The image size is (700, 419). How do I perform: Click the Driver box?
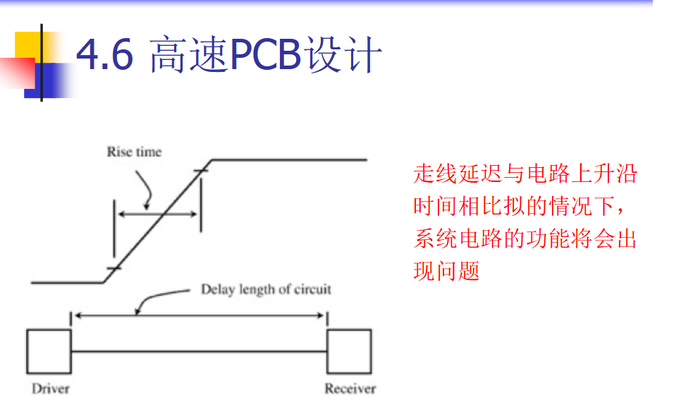click(49, 351)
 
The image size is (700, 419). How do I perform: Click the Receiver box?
click(348, 351)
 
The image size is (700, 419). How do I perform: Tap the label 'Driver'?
click(51, 389)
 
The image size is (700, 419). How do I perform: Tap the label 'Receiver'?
click(350, 389)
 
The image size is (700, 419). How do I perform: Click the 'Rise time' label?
click(134, 152)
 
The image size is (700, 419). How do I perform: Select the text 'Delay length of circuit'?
click(266, 289)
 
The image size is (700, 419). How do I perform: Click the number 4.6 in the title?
click(104, 55)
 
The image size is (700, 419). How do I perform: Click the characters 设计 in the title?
click(345, 55)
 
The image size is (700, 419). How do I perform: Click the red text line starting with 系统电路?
click(525, 239)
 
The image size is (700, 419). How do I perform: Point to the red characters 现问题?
click(446, 272)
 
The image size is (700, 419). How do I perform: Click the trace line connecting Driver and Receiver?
click(199, 351)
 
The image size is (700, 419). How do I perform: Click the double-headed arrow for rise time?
click(156, 213)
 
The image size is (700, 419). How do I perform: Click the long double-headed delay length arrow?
click(199, 315)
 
